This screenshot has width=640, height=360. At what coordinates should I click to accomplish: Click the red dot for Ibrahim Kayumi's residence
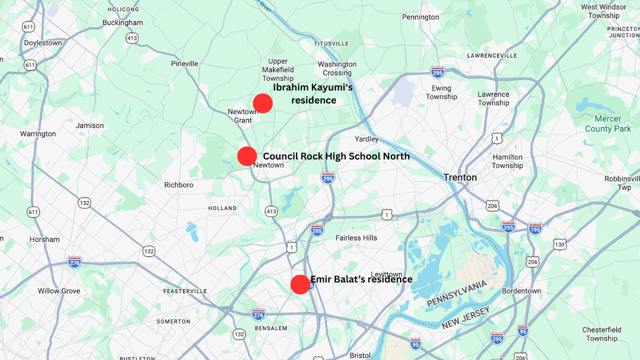(x=263, y=103)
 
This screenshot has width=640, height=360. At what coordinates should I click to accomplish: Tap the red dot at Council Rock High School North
(x=247, y=156)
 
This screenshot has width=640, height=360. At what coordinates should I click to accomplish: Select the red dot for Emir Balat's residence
(x=300, y=284)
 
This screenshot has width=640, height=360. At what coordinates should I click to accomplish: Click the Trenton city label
(x=460, y=178)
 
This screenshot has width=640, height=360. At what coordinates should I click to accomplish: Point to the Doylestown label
(x=43, y=43)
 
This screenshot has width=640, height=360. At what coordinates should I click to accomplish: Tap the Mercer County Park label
(x=607, y=124)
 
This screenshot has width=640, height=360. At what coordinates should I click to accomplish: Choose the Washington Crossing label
(x=337, y=68)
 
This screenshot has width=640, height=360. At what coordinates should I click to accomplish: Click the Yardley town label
(x=366, y=139)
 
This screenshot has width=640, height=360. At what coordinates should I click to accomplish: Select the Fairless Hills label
(x=356, y=238)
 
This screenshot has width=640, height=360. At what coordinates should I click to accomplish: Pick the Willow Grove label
(x=59, y=291)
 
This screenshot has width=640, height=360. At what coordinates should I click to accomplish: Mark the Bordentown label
(x=521, y=291)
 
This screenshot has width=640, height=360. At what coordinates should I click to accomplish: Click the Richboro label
(x=179, y=185)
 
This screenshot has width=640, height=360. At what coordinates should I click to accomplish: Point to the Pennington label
(x=420, y=17)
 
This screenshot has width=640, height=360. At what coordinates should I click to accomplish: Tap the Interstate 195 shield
(x=535, y=229)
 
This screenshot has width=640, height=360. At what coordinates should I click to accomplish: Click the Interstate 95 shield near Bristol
(x=415, y=343)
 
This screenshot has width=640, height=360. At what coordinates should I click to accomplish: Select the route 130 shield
(x=559, y=244)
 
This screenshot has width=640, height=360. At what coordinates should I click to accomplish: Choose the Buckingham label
(x=123, y=23)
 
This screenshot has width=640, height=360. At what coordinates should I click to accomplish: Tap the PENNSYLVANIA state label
(x=457, y=293)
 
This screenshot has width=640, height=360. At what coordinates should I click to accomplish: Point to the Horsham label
(x=45, y=239)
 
